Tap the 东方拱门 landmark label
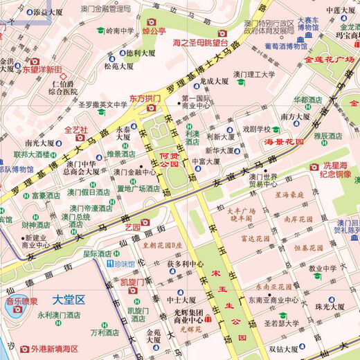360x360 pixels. (x=145, y=99)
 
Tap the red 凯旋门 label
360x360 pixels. (x=132, y=282)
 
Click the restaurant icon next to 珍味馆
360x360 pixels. (x=110, y=264)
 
